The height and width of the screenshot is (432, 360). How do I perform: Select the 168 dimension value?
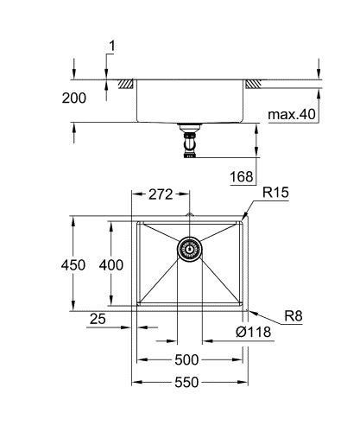pos(243,177)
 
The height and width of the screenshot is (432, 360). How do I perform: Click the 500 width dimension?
pos(187,360)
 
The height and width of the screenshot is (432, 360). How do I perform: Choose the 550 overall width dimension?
pos(187,381)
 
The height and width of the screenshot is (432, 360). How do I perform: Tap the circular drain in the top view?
pos(189,249)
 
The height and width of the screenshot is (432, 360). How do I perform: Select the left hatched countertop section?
pos(127,84)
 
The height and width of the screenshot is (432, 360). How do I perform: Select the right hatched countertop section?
pos(254,84)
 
